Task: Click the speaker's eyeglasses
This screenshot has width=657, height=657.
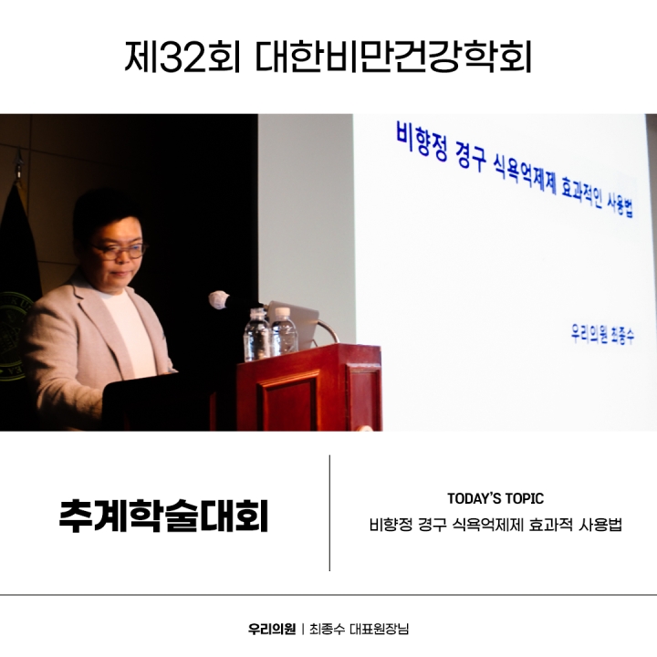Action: pyautogui.click(x=122, y=249)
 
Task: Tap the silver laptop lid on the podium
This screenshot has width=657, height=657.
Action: pyautogui.click(x=306, y=322)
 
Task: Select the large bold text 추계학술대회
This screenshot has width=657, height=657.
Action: pyautogui.click(x=163, y=514)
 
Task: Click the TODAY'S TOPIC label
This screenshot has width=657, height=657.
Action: pyautogui.click(x=495, y=498)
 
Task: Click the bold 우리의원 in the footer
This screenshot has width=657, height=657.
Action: pyautogui.click(x=272, y=629)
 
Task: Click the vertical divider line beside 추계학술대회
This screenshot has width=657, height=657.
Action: pyautogui.click(x=329, y=513)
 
